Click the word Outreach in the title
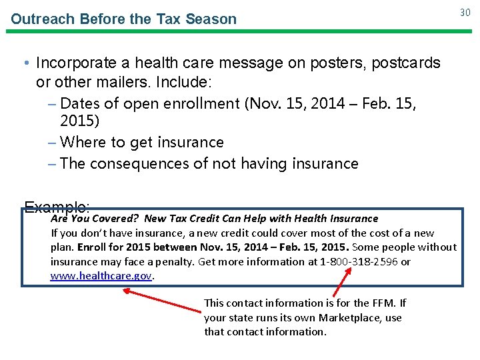click(x=42, y=19)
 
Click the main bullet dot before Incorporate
click(x=25, y=63)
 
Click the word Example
click(x=56, y=207)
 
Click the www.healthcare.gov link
click(x=102, y=275)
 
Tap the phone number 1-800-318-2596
click(x=359, y=261)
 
